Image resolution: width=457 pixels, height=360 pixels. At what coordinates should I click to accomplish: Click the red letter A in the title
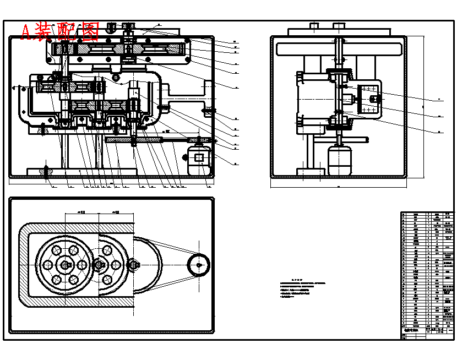pos(26,32)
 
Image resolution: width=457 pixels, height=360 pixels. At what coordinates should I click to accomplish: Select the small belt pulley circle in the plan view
pos(198,265)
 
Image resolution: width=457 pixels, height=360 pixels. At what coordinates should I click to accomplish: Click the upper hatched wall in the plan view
pos(77,227)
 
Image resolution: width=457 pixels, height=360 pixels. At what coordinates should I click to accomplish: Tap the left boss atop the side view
pos(314,26)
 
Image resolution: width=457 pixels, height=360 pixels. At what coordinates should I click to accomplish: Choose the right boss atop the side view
pos(338,26)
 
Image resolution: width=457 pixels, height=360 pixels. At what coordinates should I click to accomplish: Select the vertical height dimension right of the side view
pos(423,105)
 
